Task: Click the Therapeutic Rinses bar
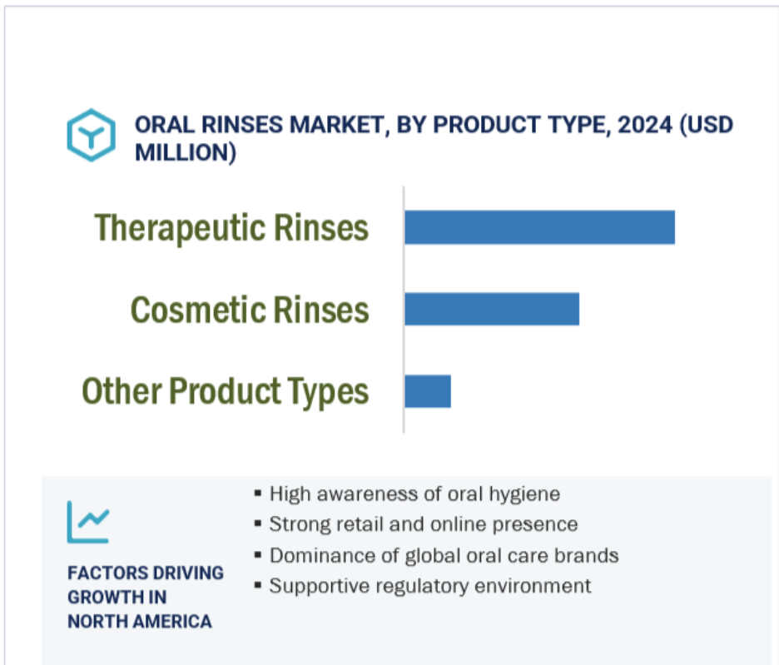[x=539, y=227]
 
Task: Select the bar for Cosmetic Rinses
[x=492, y=309]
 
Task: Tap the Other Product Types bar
[x=428, y=391]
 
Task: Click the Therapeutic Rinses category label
[x=231, y=228]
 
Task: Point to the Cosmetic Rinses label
[x=250, y=310]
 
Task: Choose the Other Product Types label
[x=225, y=392]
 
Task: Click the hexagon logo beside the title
[x=92, y=135]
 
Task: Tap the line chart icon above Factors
[x=88, y=522]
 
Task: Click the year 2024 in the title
[x=645, y=124]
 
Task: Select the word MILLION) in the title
[x=186, y=152]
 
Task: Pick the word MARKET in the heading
[x=337, y=124]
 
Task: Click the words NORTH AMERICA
[x=140, y=621]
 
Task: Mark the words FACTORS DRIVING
[x=146, y=573]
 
